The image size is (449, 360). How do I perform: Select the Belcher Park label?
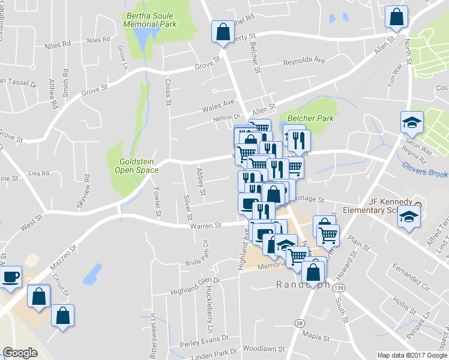(310, 118)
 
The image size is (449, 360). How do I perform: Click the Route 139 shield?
(339, 289)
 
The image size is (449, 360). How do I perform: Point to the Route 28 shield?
(298, 323)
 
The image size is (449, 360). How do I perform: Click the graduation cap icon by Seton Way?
(411, 123)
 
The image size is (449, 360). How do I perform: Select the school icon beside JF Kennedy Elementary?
(409, 217)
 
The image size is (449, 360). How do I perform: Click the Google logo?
(20, 353)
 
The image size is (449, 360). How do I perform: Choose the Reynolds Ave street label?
(304, 61)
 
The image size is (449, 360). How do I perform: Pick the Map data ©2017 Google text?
(412, 355)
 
